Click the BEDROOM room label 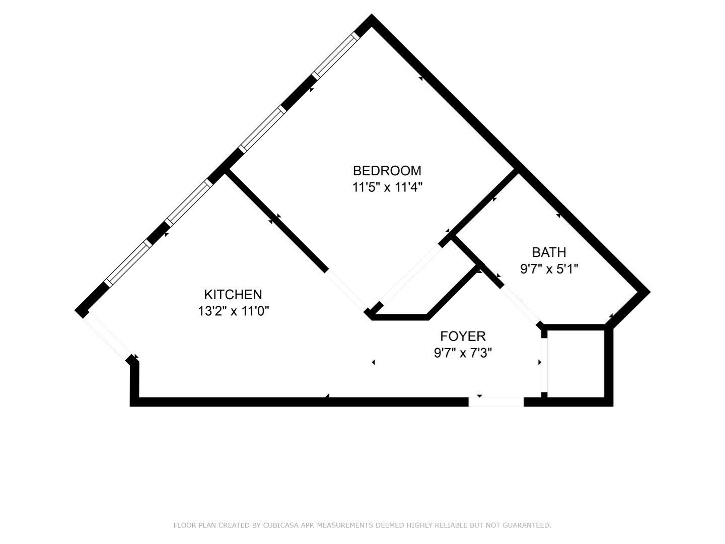click(387, 171)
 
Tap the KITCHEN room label click(233, 295)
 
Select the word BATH click(549, 252)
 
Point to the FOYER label click(463, 336)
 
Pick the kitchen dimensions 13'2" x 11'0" click(233, 311)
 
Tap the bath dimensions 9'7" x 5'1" click(549, 268)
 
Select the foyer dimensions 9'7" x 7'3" click(463, 353)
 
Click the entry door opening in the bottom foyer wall click(496, 401)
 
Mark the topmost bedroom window click(336, 55)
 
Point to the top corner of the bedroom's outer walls click(371, 19)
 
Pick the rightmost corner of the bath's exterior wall click(645, 292)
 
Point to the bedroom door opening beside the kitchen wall click(347, 291)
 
